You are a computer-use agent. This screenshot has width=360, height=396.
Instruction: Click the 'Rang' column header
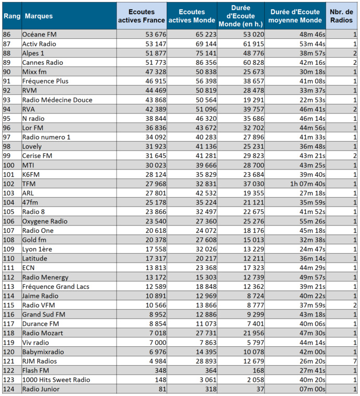pos(11,16)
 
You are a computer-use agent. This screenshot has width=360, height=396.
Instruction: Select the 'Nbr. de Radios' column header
pos(342,16)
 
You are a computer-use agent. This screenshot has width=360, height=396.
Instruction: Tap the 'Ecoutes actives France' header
pos(142,16)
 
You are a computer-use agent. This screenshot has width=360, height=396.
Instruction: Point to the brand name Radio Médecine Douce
pos(57,100)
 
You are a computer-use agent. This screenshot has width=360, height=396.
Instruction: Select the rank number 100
pos(9,165)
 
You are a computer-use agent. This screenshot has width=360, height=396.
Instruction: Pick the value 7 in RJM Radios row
pos(355,361)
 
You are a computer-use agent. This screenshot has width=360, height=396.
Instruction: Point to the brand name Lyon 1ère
pos(37,249)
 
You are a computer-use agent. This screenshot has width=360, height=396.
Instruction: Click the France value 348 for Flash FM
pos(159,371)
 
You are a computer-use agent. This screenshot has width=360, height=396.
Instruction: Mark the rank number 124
pos(9,390)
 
